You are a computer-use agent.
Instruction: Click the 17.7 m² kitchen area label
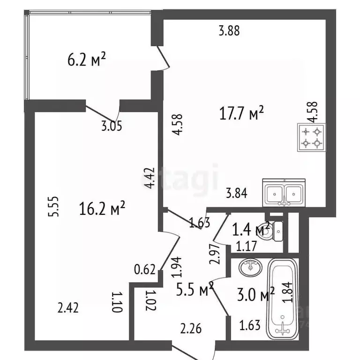click(x=242, y=113)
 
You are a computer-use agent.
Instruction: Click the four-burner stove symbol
click(x=312, y=138)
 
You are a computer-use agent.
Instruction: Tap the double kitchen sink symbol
click(x=285, y=193)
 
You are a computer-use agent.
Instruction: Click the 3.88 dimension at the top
click(x=229, y=31)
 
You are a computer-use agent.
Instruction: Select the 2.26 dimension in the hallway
click(x=191, y=329)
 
